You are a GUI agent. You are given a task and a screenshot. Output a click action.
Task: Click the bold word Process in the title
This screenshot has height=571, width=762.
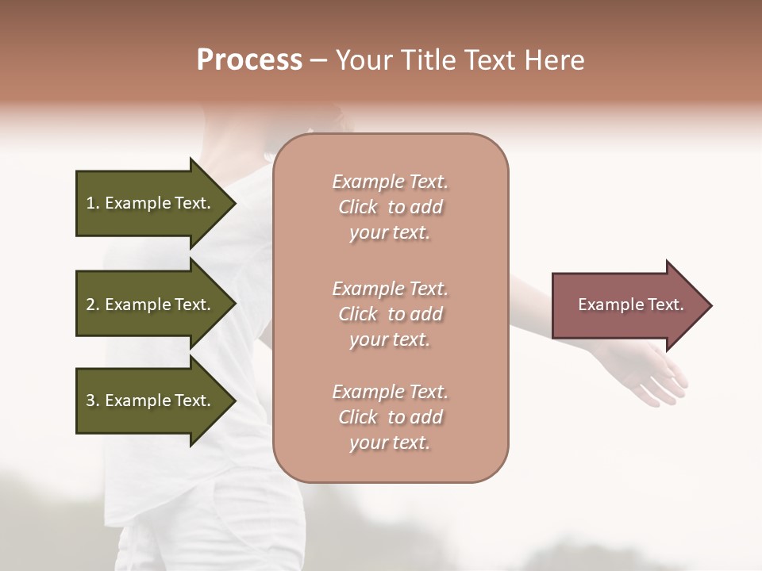click(x=249, y=60)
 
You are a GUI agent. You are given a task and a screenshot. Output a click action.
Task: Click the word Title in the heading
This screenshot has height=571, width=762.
click(x=427, y=60)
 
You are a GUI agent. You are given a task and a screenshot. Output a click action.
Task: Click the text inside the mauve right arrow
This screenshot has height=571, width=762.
click(x=630, y=305)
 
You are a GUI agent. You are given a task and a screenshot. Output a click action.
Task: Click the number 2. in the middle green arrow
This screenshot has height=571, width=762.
click(x=93, y=305)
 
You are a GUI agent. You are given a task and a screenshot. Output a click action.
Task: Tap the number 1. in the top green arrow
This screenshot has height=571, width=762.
click(x=93, y=204)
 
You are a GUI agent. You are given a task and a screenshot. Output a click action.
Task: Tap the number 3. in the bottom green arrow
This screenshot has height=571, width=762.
click(x=93, y=401)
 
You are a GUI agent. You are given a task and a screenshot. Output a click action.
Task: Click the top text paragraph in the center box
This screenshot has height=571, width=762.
click(x=391, y=207)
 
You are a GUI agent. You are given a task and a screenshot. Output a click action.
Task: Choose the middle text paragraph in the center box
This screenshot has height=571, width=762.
click(x=391, y=314)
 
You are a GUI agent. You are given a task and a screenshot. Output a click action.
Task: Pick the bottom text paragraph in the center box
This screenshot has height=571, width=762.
click(x=391, y=417)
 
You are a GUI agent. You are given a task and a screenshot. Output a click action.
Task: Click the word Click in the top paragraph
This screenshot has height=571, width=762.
click(x=358, y=208)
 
